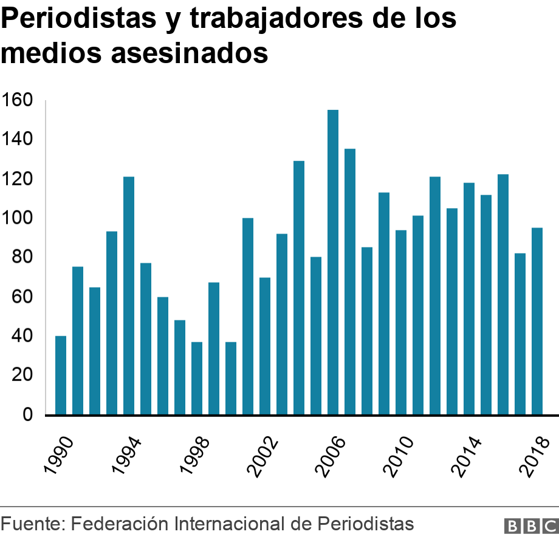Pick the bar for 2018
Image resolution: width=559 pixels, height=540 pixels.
click(537, 321)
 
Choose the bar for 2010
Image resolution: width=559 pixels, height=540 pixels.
click(401, 322)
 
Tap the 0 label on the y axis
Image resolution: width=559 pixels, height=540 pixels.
click(27, 415)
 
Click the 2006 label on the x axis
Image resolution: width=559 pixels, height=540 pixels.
click(331, 450)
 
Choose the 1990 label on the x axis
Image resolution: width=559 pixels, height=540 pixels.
click(60, 450)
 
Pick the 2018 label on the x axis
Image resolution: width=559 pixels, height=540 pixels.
click(535, 450)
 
